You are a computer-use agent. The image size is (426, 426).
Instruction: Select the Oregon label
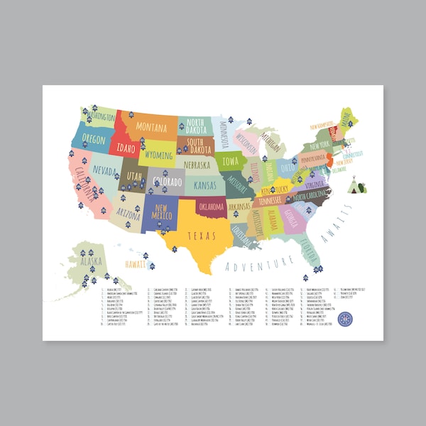click(x=94, y=138)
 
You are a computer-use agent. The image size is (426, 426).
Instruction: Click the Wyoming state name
click(x=159, y=154)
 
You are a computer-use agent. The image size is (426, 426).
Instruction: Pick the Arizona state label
click(x=129, y=212)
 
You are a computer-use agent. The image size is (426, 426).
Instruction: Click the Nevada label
click(x=104, y=172)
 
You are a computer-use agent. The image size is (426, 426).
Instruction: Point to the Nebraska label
click(x=201, y=165)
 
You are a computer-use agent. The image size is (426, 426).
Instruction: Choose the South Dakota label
click(x=200, y=146)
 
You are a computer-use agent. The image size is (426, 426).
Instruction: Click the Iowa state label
click(x=231, y=161)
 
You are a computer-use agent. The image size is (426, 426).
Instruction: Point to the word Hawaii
click(x=136, y=263)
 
